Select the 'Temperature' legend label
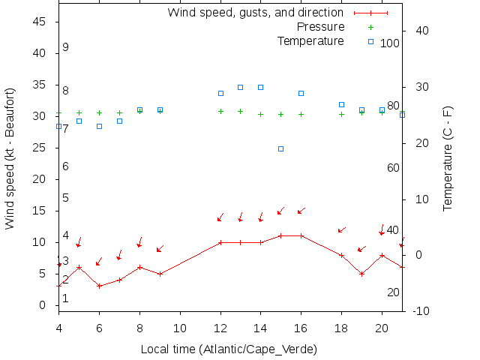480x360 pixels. click(310, 40)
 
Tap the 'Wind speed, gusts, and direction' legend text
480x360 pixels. click(255, 13)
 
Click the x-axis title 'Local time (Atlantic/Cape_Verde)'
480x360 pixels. click(229, 349)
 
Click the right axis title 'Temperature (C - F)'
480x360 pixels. click(448, 157)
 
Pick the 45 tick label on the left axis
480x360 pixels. click(41, 22)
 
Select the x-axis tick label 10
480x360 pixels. click(179, 328)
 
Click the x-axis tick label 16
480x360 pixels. click(301, 328)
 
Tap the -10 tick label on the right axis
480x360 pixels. click(421, 311)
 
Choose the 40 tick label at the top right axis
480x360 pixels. click(421, 31)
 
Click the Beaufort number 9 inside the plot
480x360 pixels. click(66, 47)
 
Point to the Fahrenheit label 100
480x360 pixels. click(390, 43)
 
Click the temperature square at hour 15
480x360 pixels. click(280, 148)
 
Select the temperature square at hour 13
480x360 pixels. click(240, 87)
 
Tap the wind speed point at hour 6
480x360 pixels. click(99, 286)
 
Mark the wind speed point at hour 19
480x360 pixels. click(361, 274)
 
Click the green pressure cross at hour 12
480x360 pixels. click(220, 111)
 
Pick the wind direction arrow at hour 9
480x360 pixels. click(160, 248)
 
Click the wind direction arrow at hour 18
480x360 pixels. click(341, 229)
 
